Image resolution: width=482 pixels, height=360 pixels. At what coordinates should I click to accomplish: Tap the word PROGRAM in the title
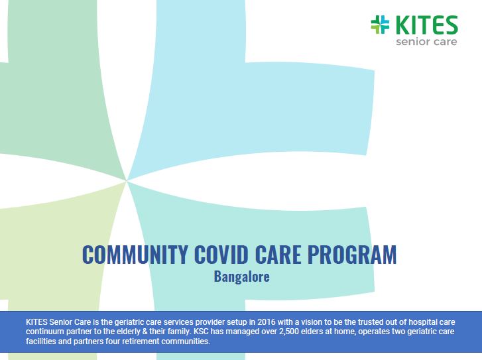click(352, 255)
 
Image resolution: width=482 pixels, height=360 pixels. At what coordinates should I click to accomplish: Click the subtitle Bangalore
click(241, 276)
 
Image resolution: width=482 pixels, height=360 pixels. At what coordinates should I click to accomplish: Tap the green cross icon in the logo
click(380, 25)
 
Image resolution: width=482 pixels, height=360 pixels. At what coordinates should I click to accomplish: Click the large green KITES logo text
click(426, 25)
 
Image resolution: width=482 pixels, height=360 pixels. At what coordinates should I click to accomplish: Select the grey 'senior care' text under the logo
click(426, 42)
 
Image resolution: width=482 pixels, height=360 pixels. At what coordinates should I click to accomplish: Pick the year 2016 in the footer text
click(267, 322)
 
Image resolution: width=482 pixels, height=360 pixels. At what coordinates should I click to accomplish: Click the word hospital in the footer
click(422, 322)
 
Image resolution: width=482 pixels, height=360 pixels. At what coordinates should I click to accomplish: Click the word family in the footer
click(178, 332)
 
